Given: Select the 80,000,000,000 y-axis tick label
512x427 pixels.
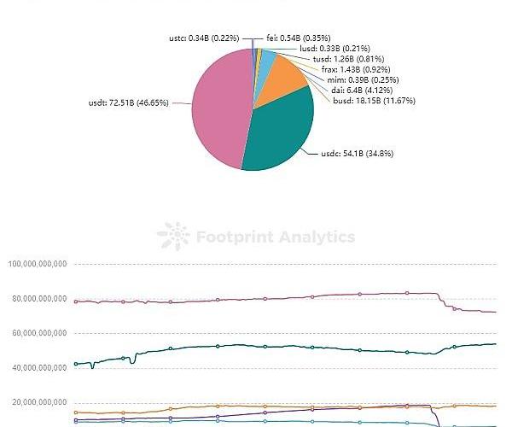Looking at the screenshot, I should point(39,299).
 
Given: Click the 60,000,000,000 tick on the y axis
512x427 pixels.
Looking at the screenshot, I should point(39,333).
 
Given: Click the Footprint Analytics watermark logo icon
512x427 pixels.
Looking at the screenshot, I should point(174,237).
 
